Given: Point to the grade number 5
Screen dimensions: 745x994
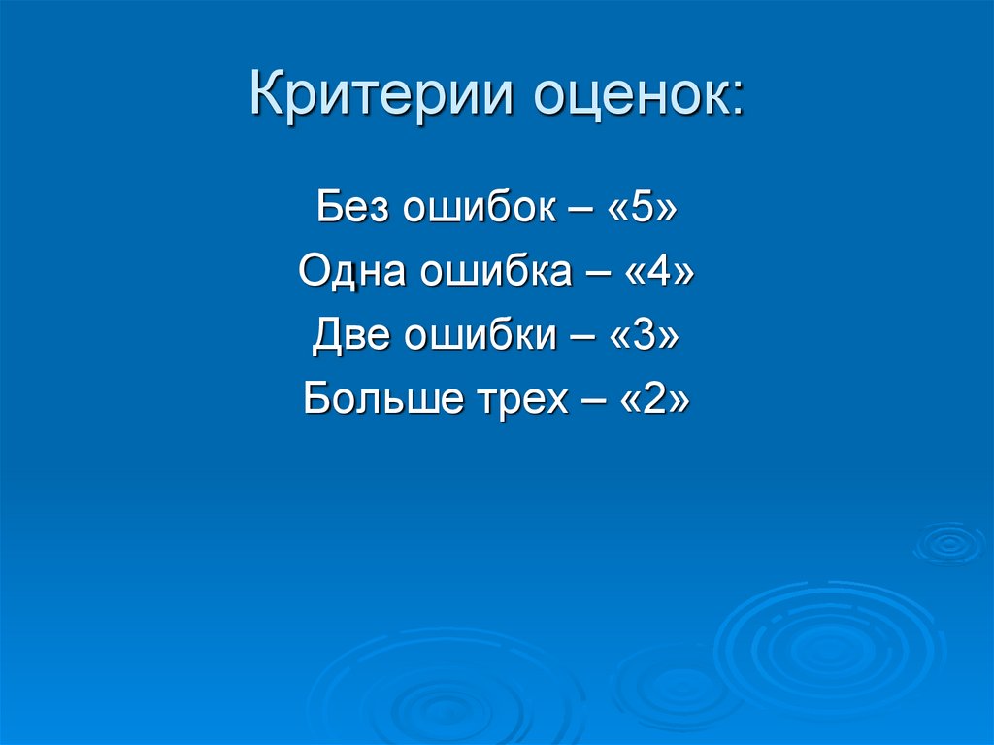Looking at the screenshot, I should point(641,209).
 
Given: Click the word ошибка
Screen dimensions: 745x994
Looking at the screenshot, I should point(495,272).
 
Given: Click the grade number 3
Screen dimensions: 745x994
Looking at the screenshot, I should point(645,335).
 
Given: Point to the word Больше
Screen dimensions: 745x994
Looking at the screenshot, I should point(374,398).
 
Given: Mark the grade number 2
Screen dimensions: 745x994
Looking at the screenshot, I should point(655,398).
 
